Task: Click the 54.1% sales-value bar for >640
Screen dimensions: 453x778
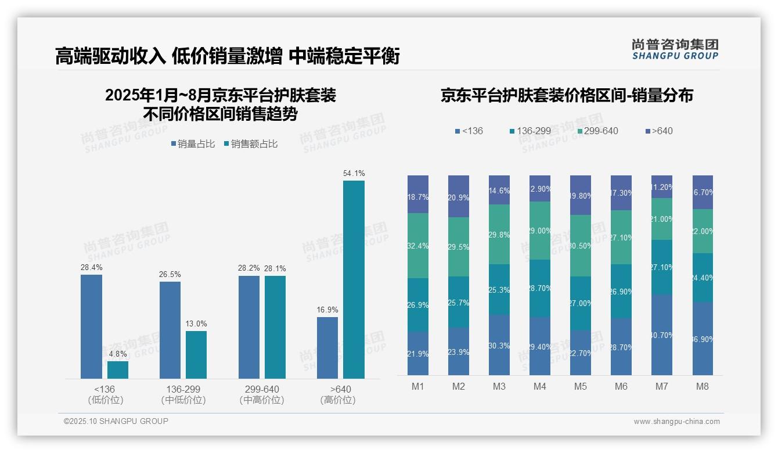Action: (x=354, y=279)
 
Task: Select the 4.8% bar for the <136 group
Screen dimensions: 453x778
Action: (x=118, y=370)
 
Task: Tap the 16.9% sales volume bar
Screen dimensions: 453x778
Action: (x=327, y=348)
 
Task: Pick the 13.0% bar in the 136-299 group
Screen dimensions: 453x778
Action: (x=196, y=355)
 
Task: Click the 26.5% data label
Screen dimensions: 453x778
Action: (x=170, y=274)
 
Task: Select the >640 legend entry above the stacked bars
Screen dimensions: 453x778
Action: (x=658, y=131)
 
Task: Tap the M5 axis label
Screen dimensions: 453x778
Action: (x=581, y=386)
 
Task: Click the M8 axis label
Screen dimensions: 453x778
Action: (x=703, y=386)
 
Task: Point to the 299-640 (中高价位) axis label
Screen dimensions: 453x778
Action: (x=262, y=394)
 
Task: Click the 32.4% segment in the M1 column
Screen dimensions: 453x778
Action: (x=418, y=246)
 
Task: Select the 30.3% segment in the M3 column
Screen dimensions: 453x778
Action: (x=499, y=345)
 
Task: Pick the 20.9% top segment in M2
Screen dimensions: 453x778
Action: (x=459, y=196)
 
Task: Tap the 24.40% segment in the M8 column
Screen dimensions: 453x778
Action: (x=703, y=278)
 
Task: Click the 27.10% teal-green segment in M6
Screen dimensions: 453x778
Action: (x=621, y=237)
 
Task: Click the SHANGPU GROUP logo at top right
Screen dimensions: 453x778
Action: (x=675, y=49)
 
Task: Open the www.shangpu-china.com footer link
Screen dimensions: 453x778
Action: (x=676, y=422)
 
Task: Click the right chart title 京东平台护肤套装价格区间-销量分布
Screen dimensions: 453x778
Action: (x=567, y=96)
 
